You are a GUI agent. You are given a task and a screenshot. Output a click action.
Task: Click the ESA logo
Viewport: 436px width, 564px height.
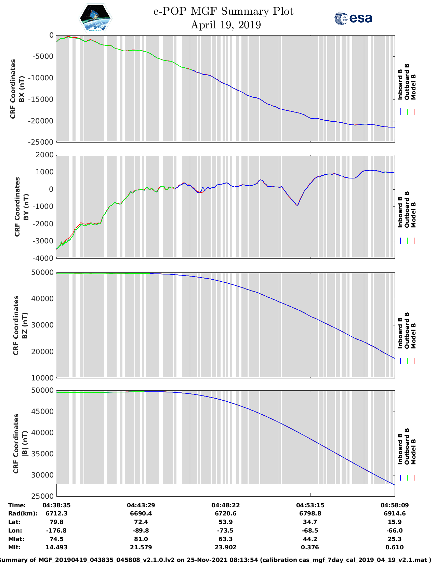(353, 18)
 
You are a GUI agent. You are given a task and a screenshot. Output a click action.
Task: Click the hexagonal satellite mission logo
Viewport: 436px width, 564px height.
(95, 18)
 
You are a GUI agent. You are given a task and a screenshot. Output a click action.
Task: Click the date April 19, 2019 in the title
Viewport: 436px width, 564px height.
(226, 25)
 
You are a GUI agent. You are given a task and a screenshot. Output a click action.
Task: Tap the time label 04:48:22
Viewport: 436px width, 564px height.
(225, 505)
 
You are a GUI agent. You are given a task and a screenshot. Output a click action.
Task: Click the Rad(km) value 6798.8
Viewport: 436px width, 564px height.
(310, 513)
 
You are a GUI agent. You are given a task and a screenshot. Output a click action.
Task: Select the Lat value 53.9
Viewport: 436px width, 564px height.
(225, 522)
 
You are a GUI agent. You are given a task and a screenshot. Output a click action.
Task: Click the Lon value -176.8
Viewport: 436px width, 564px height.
(56, 531)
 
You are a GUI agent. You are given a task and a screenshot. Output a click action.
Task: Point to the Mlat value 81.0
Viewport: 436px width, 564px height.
(141, 539)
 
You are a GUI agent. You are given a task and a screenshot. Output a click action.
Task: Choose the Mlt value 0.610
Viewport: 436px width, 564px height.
(394, 547)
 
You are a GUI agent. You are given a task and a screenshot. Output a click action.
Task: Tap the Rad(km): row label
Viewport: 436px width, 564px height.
(23, 513)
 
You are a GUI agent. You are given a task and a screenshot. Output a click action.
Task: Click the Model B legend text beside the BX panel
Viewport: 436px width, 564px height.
(413, 87)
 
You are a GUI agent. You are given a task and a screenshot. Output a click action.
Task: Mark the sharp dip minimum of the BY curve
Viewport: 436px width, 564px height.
(297, 205)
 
